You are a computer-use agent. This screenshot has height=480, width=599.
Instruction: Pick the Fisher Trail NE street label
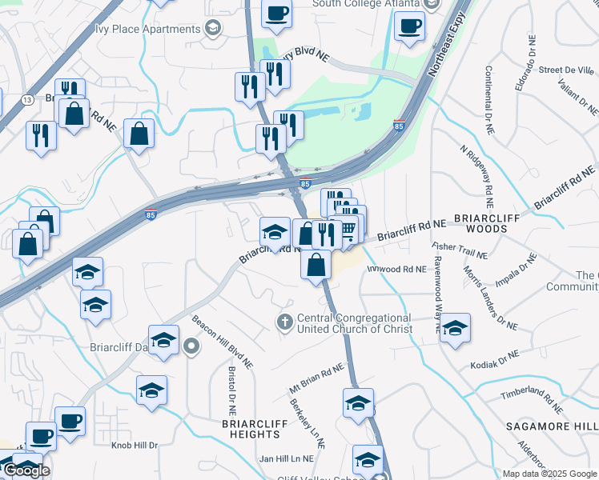[460, 250]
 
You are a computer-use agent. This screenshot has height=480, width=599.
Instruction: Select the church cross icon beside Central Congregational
[284, 322]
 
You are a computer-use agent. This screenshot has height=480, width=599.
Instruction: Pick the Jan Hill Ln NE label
[286, 458]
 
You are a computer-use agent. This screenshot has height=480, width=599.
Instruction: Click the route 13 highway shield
[28, 99]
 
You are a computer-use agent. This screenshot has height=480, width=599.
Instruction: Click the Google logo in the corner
[26, 470]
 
